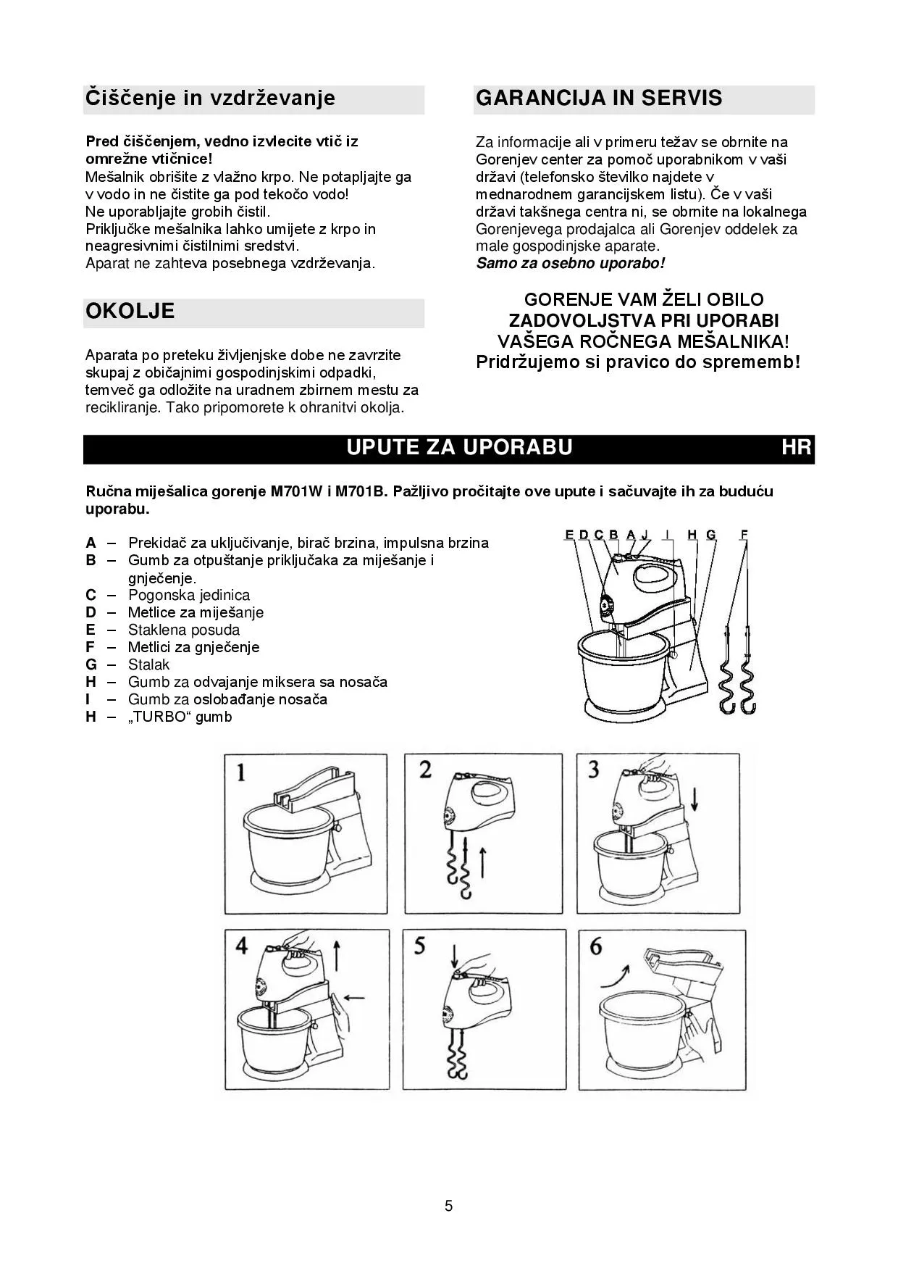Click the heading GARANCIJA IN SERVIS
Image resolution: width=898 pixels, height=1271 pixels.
(599, 98)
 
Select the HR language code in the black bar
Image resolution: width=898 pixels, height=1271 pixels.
(797, 447)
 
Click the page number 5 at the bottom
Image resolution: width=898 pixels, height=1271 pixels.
(449, 1207)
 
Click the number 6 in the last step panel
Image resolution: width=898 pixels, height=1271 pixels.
(596, 946)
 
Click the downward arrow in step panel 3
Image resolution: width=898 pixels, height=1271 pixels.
(695, 800)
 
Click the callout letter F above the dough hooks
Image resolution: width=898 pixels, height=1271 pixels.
(744, 535)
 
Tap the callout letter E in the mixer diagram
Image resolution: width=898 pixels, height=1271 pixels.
(569, 535)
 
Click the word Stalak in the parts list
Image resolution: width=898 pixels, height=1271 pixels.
(148, 664)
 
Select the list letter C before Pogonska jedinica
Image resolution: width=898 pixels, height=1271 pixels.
(91, 595)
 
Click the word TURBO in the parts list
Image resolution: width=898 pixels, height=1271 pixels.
(161, 717)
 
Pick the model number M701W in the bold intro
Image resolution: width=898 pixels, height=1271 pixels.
(297, 491)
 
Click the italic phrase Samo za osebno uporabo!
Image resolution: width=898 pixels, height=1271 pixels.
(570, 263)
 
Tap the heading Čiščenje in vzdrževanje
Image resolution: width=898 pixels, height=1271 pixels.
(210, 98)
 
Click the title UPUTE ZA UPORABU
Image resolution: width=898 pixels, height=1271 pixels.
(459, 447)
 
